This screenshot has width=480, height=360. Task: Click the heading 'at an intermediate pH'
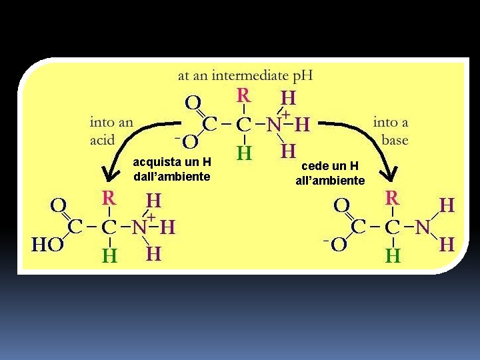(245, 76)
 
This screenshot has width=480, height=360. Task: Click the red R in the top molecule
(244, 95)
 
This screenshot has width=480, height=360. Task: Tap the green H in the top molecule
(244, 153)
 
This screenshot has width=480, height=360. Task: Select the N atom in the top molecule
(273, 125)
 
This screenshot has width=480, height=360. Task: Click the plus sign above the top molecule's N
(285, 115)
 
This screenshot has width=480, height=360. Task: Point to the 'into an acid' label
(111, 131)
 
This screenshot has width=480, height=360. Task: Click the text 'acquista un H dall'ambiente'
(172, 169)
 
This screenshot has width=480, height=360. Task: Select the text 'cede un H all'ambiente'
(330, 173)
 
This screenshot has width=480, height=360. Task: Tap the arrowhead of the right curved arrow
(389, 175)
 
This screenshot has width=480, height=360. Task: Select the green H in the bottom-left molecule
(109, 255)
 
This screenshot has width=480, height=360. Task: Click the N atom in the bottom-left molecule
(139, 227)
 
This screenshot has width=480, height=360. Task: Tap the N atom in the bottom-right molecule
(422, 227)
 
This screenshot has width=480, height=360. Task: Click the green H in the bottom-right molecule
(393, 255)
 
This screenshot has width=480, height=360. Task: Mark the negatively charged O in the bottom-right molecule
(339, 244)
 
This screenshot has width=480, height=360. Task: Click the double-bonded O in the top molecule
(193, 103)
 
